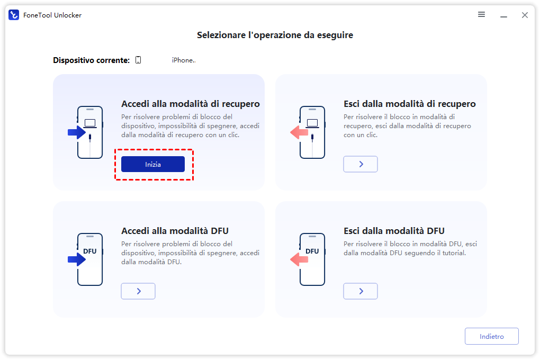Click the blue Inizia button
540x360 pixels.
[153, 164]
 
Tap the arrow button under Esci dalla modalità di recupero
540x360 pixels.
[361, 164]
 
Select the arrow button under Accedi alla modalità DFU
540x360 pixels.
[138, 291]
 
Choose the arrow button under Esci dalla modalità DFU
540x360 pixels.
[361, 291]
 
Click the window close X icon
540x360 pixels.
[525, 15]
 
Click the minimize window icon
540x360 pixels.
[503, 16]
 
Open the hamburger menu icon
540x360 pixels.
[481, 14]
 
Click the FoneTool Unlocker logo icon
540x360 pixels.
[14, 15]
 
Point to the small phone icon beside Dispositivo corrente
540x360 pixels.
[138, 60]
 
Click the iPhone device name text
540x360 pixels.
[184, 60]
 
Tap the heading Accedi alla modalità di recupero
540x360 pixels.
[191, 104]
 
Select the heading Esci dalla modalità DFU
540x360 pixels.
[394, 231]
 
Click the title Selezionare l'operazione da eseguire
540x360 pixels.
[275, 35]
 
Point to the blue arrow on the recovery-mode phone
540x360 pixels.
[76, 132]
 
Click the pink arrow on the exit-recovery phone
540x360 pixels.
[299, 132]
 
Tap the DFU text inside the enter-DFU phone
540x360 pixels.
[90, 251]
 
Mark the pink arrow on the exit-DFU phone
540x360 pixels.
[299, 259]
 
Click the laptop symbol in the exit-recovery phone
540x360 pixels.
[312, 123]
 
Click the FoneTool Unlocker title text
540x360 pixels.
[52, 15]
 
